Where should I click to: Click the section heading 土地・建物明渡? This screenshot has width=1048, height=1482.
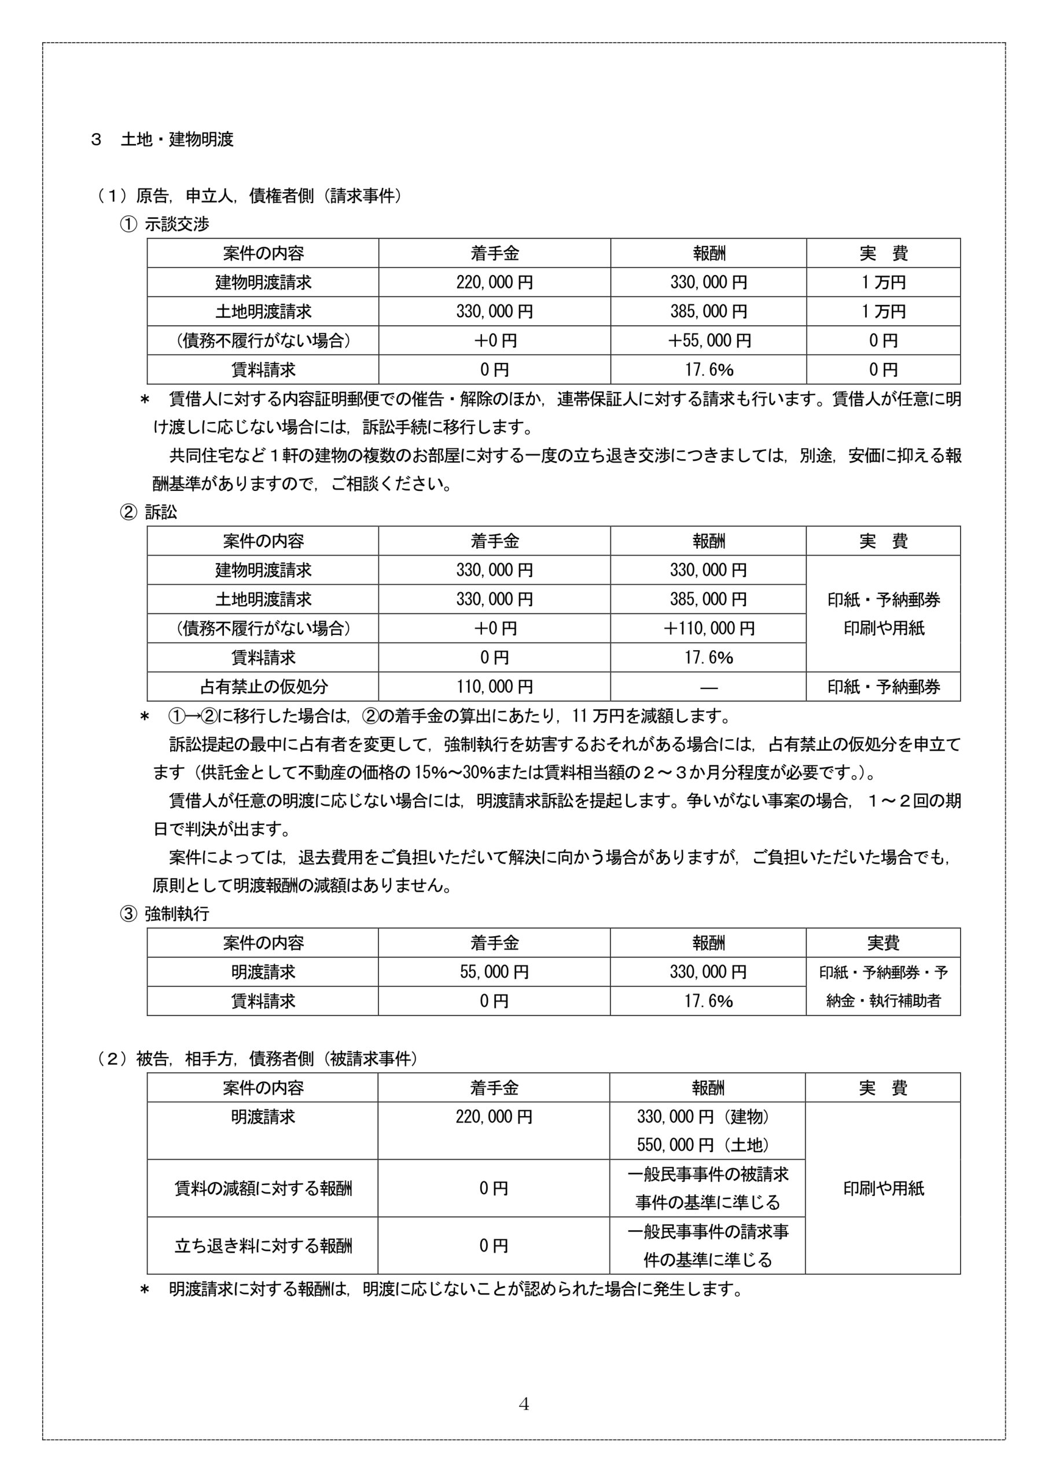(x=177, y=140)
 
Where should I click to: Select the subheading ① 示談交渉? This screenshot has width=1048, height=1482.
(x=165, y=224)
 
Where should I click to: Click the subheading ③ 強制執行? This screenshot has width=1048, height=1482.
(x=165, y=914)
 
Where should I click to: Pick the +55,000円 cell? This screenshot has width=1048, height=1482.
(x=708, y=341)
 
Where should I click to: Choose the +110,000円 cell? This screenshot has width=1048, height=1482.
(x=708, y=628)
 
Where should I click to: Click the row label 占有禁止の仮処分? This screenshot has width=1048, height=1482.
(x=263, y=687)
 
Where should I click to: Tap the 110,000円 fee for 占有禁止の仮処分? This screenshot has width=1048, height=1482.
(x=494, y=687)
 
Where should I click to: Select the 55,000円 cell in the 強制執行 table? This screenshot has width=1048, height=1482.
(x=494, y=972)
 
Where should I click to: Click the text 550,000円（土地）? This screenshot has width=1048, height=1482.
(x=704, y=1145)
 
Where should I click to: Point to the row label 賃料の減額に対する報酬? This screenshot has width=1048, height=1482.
(x=263, y=1188)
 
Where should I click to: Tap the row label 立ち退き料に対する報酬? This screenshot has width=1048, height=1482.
(x=263, y=1246)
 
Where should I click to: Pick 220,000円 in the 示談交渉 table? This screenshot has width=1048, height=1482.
(x=494, y=283)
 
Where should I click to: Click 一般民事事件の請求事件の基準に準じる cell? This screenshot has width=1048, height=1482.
(x=708, y=1246)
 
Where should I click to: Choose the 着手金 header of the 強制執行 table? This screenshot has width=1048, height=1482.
(x=494, y=943)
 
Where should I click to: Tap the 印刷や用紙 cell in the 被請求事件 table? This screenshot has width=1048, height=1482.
(x=884, y=1188)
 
